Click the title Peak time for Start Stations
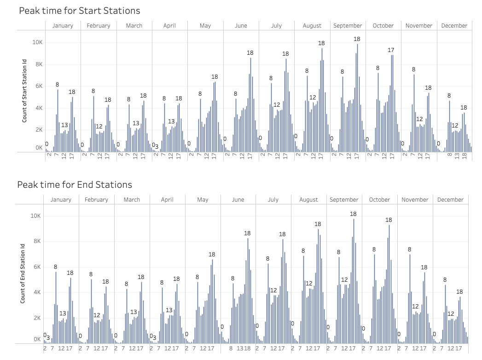tap(79, 10)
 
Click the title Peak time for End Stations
tap(75, 185)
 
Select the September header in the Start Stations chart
tap(348, 26)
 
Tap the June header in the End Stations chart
tap(238, 200)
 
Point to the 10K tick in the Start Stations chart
tap(37, 42)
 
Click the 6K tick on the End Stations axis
tap(35, 267)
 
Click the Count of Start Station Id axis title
tap(25, 94)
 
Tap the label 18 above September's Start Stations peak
tap(357, 39)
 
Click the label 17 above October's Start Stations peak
tap(391, 50)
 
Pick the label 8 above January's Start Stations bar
tap(58, 84)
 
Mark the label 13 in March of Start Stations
tap(136, 123)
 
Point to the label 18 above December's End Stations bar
tap(459, 291)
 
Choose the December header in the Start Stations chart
tap(454, 26)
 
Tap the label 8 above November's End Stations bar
tap(409, 250)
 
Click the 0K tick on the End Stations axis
tap(37, 339)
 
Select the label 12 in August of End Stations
tap(309, 284)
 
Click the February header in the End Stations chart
tap(96, 200)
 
